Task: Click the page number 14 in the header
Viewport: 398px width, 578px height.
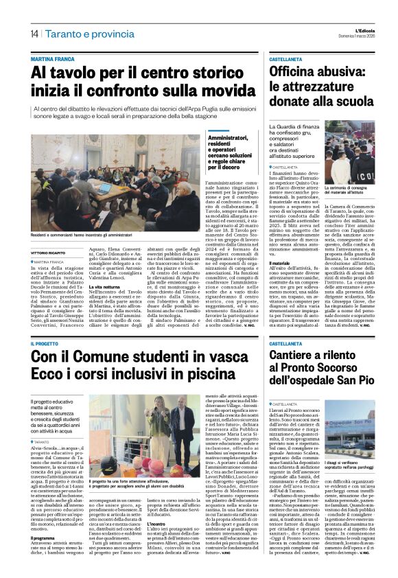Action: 34,34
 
